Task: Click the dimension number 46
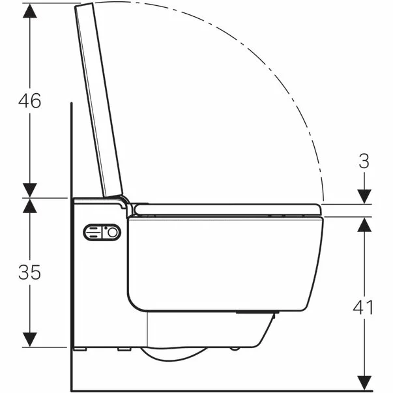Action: [29, 100]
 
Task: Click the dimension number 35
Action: [29, 272]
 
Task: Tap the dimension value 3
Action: [364, 161]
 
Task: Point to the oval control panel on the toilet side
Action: [101, 233]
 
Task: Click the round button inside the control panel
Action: [113, 233]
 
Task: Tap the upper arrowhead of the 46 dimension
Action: [29, 9]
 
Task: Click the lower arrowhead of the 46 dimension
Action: [29, 190]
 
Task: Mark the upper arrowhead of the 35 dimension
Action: [29, 205]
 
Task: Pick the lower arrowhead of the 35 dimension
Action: [29, 340]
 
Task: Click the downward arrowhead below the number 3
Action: [364, 196]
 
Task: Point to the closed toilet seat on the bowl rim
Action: [228, 209]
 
